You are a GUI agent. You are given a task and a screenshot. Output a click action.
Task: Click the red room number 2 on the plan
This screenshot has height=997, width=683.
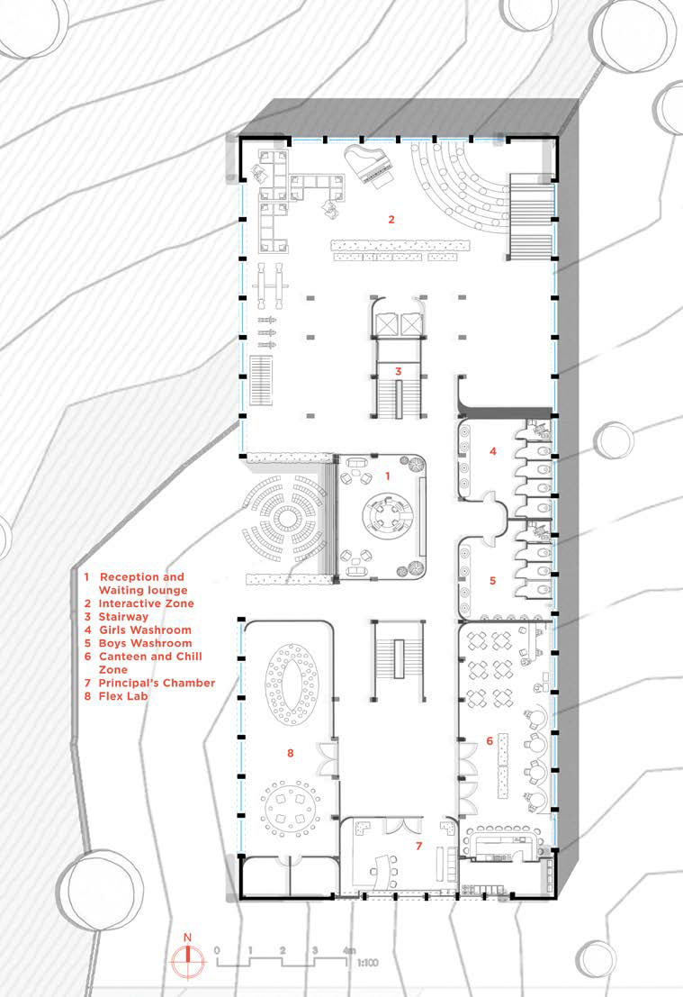click(x=391, y=219)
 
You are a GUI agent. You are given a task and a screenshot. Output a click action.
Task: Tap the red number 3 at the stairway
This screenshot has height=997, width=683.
click(x=397, y=370)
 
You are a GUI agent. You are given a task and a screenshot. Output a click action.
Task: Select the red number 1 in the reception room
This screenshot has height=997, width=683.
click(x=388, y=474)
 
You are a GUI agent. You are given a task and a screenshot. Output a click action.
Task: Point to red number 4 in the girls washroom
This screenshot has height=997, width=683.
click(x=492, y=450)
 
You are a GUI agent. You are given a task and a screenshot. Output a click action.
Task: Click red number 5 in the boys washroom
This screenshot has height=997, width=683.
click(x=492, y=581)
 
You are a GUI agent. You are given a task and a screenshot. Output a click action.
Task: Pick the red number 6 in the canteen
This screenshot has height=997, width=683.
click(x=490, y=740)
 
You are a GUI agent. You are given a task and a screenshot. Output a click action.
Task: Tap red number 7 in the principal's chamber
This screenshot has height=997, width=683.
click(x=418, y=846)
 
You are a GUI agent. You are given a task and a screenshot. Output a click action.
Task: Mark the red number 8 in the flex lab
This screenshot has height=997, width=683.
click(x=290, y=753)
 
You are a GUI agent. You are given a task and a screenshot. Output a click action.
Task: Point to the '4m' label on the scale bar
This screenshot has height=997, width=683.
click(x=348, y=951)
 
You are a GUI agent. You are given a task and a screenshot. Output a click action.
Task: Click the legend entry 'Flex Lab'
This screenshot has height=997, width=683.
click(x=123, y=696)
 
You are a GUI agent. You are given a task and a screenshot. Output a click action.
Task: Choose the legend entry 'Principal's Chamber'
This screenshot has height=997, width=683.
click(x=157, y=683)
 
